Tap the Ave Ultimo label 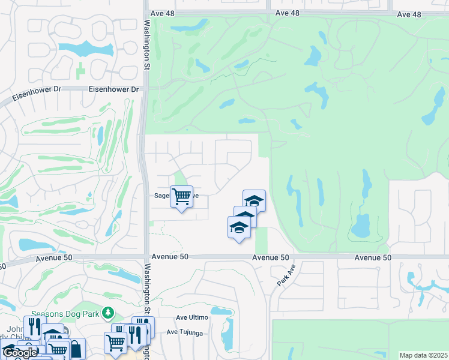tap(191, 317)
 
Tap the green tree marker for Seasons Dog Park tap(108, 313)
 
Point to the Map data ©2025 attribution tap(423, 355)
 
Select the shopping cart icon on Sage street tap(181, 196)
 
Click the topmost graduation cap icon tap(254, 200)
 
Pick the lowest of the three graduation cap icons tap(239, 227)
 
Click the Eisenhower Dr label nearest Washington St tap(113, 89)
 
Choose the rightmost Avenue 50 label tap(372, 257)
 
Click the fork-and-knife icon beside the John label tap(34, 326)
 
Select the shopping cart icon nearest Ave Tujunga tap(115, 343)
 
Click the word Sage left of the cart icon tap(162, 196)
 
